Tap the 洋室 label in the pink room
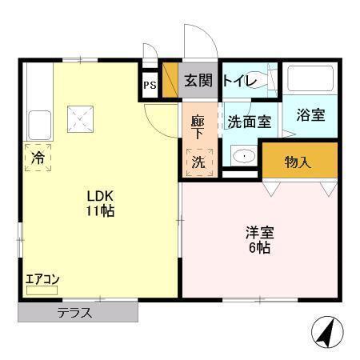tap(258, 234)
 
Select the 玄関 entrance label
tap(199, 80)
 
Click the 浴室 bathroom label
tap(310, 114)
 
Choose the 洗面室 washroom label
tap(250, 122)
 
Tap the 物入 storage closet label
tap(298, 162)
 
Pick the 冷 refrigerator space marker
tap(37, 158)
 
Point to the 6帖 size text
tap(258, 248)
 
